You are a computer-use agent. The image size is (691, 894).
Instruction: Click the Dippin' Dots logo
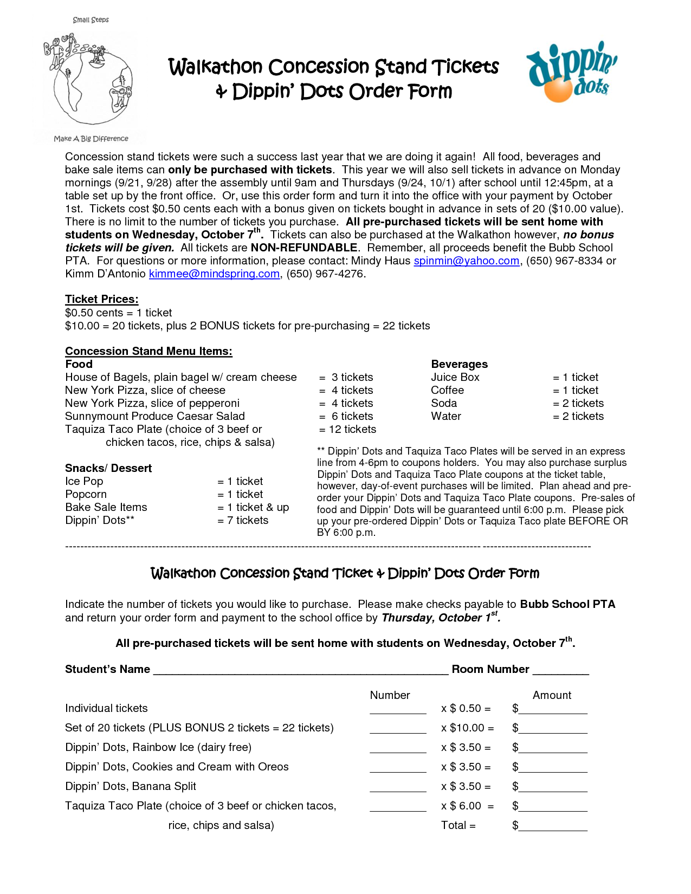(572, 72)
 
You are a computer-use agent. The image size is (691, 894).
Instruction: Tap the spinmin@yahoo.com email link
(466, 261)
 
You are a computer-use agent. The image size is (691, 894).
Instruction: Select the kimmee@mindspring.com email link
(214, 274)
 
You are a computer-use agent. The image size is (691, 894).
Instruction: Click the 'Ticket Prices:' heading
(101, 300)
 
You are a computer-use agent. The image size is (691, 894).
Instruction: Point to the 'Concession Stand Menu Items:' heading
(148, 352)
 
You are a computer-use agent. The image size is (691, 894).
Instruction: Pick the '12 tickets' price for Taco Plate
(348, 430)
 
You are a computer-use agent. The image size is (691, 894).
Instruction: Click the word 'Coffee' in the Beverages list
(447, 391)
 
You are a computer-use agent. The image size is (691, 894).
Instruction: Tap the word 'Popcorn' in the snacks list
(86, 495)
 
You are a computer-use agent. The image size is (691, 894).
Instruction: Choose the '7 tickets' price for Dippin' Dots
(243, 521)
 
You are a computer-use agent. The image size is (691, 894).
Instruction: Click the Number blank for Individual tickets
(398, 710)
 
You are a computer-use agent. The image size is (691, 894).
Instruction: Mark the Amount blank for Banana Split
(552, 788)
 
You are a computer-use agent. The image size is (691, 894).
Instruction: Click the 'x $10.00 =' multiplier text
(467, 728)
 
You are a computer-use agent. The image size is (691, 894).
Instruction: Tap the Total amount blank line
(552, 827)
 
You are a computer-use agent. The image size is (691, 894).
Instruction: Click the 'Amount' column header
(552, 696)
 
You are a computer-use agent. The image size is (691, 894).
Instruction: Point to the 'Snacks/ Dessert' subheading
(108, 469)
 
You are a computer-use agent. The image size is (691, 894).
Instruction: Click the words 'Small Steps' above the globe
(91, 20)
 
